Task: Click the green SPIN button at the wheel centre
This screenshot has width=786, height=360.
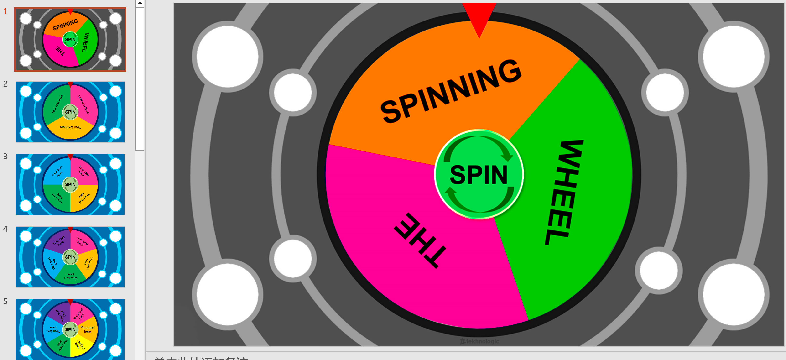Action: point(479,174)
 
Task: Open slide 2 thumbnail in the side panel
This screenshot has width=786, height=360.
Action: point(70,112)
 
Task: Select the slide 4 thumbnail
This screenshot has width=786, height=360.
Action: point(70,257)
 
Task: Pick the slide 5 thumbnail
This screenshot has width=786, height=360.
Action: point(70,329)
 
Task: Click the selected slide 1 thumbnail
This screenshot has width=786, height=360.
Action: point(70,39)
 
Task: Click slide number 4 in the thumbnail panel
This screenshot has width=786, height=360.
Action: point(5,229)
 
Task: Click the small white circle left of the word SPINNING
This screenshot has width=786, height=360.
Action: point(293,92)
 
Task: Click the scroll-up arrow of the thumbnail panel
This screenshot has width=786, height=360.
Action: point(140,3)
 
